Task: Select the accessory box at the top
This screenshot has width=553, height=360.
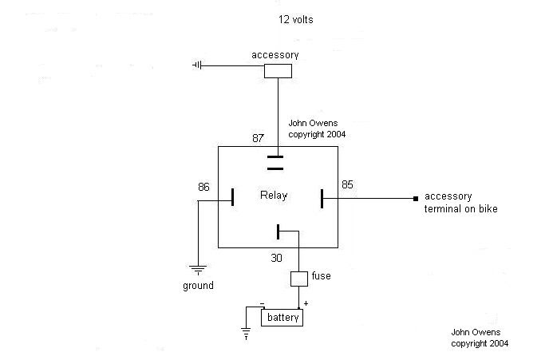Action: (x=278, y=71)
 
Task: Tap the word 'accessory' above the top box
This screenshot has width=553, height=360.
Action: (x=275, y=55)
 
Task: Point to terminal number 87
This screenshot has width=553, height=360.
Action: (x=258, y=138)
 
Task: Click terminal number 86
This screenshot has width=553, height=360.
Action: (x=204, y=188)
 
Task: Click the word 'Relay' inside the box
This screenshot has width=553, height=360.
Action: (x=274, y=196)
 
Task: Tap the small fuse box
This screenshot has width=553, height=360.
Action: (x=298, y=279)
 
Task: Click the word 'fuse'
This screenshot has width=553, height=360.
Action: (x=322, y=276)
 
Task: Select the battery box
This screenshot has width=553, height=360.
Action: (x=282, y=317)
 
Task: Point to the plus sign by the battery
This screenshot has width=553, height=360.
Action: (x=306, y=304)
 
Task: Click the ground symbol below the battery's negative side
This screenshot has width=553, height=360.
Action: (x=246, y=334)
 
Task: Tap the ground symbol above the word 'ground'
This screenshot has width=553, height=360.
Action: (x=198, y=269)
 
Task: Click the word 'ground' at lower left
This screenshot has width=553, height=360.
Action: (x=198, y=285)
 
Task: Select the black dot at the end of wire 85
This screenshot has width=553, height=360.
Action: (x=415, y=198)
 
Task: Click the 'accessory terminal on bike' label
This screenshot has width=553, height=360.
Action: (x=459, y=203)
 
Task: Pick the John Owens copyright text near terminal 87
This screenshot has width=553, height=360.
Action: (x=317, y=130)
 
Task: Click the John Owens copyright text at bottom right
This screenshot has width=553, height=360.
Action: (x=480, y=338)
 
